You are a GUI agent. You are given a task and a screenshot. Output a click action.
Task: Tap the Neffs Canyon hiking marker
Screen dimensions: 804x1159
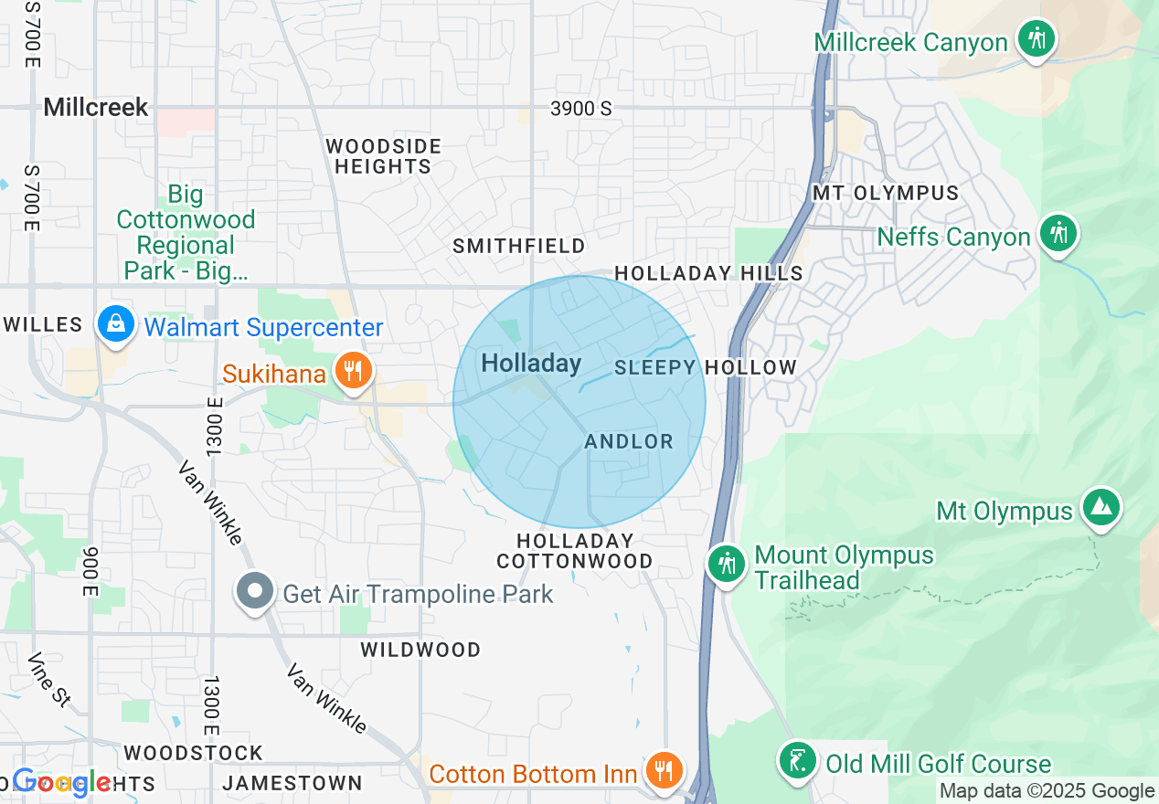click(x=1058, y=233)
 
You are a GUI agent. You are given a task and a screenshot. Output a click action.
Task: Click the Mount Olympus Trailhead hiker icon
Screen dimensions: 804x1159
click(x=728, y=564)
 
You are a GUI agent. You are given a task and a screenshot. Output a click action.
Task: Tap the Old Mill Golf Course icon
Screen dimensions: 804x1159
click(x=798, y=760)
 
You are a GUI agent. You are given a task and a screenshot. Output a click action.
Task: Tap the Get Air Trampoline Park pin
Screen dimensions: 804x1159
click(x=255, y=591)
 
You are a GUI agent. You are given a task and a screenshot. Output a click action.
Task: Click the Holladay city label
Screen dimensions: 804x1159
click(x=531, y=364)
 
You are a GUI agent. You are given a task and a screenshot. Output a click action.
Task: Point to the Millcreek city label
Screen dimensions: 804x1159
click(x=96, y=108)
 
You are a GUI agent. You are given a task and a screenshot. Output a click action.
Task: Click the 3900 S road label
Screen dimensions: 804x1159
click(x=581, y=109)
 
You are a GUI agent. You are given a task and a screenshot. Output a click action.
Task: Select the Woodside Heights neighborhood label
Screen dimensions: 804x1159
click(x=383, y=156)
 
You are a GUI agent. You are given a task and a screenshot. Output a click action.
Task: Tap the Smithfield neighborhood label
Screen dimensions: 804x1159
click(x=519, y=247)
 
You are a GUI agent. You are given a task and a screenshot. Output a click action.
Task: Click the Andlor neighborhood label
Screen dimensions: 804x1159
click(x=629, y=442)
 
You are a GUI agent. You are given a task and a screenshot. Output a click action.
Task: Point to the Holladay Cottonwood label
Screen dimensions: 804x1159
click(x=575, y=551)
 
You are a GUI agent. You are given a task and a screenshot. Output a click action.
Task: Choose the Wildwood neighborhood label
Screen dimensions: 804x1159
click(x=420, y=650)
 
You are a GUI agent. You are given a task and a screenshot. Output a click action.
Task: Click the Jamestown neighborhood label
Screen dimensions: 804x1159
click(x=292, y=783)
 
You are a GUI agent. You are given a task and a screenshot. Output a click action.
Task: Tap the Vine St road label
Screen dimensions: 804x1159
click(x=48, y=679)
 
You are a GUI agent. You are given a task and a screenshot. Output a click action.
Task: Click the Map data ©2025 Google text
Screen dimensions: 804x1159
click(x=1047, y=791)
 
